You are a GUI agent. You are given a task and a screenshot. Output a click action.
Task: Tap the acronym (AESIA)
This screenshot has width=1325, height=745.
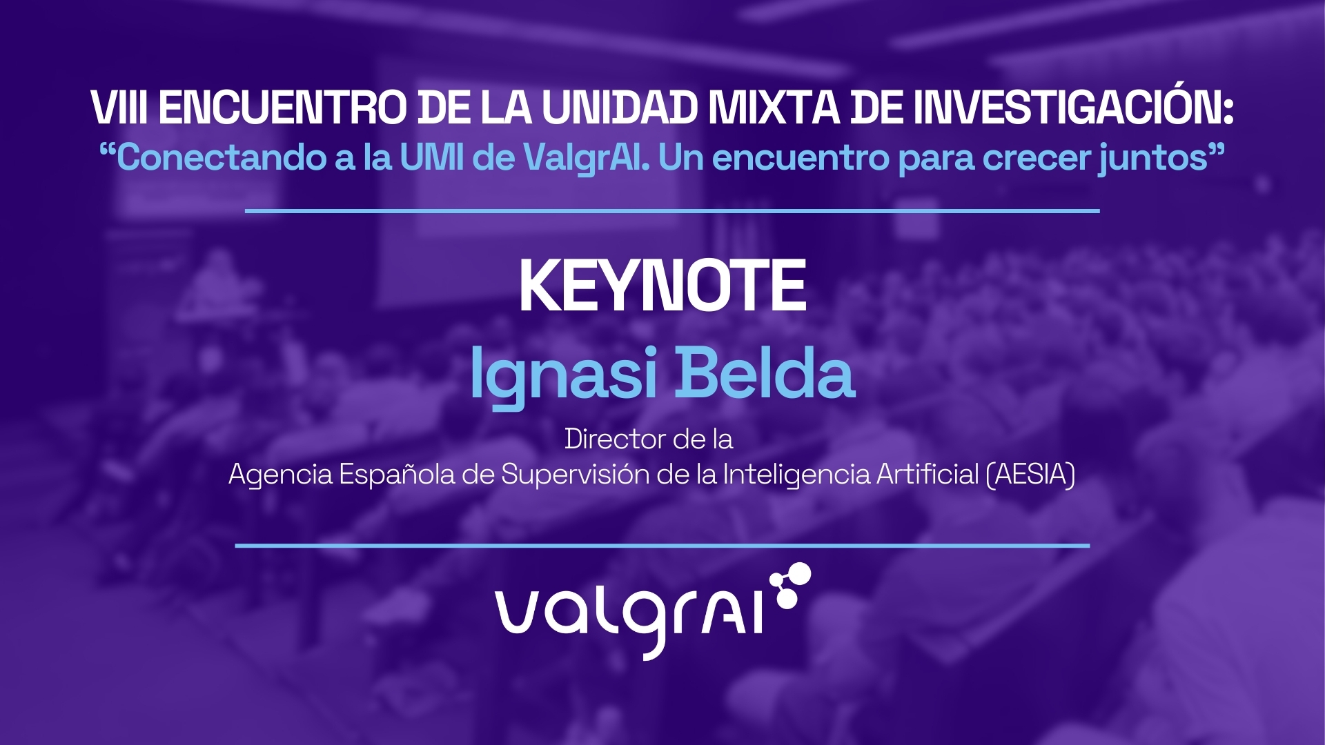pos(1030,475)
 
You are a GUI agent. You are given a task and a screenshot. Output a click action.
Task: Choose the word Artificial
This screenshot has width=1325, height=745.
pos(927,474)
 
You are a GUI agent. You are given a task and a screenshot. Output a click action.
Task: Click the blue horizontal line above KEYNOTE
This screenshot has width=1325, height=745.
pos(672,210)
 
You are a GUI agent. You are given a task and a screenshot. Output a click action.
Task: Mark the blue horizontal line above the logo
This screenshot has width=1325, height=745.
pos(662,545)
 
